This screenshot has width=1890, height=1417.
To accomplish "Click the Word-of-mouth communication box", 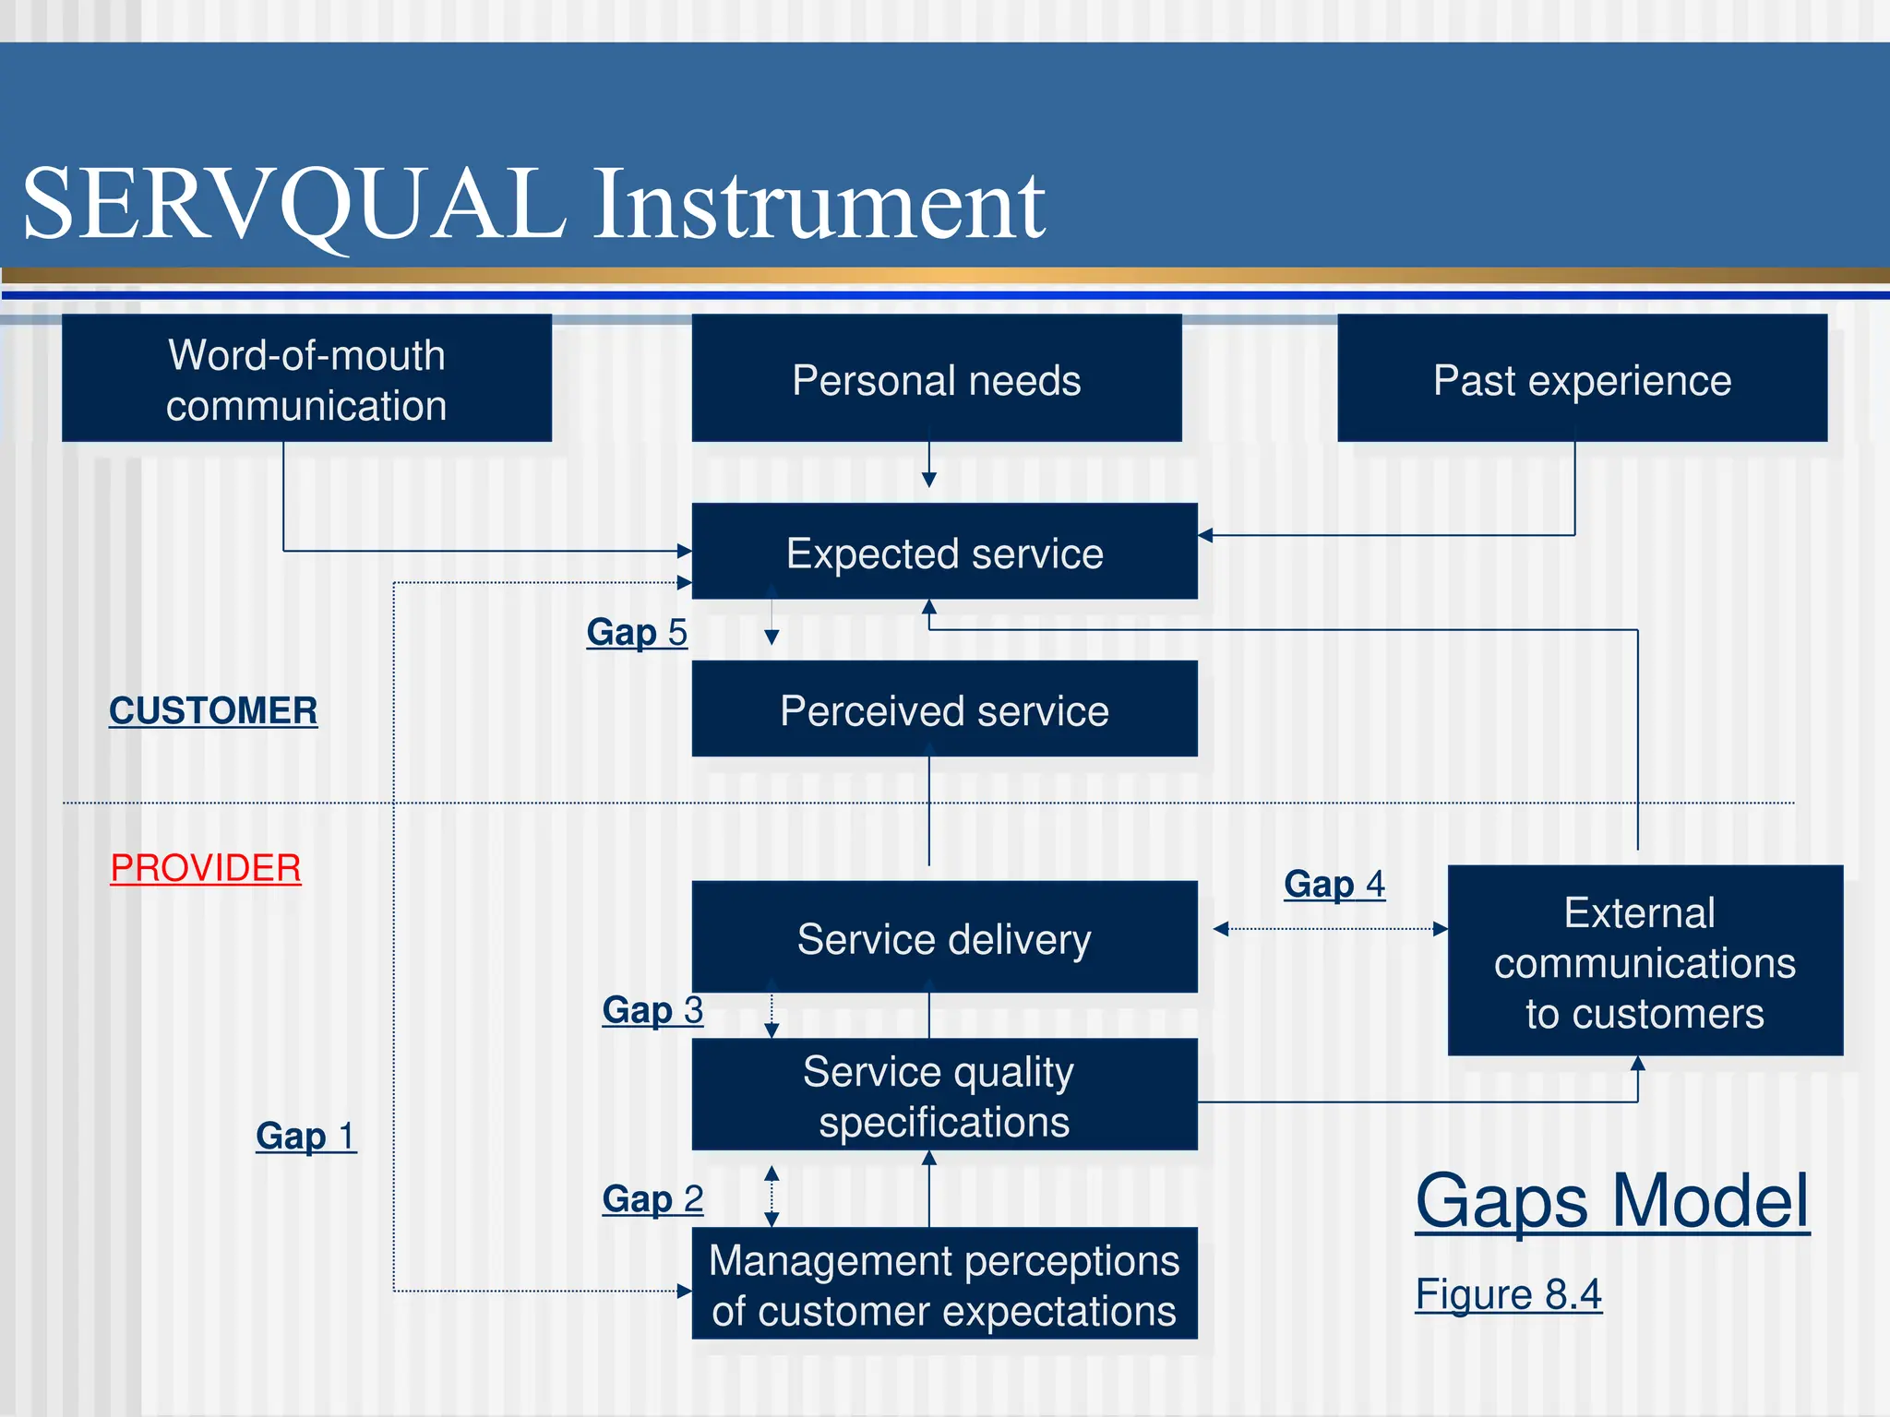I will click(306, 379).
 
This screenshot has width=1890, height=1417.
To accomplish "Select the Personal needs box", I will click(936, 379).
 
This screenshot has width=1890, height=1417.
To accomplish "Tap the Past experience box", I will click(1582, 379).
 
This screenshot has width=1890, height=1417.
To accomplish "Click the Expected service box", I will click(944, 553).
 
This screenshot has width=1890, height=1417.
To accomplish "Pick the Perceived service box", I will click(944, 709).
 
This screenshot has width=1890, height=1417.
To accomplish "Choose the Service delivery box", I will click(944, 938).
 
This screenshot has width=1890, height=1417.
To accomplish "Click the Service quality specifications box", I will click(944, 1096).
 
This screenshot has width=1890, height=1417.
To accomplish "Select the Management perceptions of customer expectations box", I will click(944, 1284).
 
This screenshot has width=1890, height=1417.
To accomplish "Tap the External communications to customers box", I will click(1645, 961).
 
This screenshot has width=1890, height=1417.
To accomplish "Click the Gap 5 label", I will click(637, 633).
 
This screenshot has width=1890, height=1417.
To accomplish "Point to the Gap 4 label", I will click(1334, 884).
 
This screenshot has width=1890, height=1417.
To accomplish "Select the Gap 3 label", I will click(652, 1010).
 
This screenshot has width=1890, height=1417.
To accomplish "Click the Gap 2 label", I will click(652, 1199).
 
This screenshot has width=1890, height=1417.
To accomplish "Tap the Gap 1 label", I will click(305, 1136).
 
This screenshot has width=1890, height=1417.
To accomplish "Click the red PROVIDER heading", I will click(205, 868).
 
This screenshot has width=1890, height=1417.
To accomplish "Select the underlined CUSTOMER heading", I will click(213, 710).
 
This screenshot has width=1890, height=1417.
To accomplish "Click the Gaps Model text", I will click(1611, 1201).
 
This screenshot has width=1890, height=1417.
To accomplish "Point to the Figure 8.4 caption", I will click(1508, 1294).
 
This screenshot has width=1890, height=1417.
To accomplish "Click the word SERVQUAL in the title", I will click(293, 205).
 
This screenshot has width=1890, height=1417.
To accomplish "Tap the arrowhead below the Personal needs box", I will click(929, 480).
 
